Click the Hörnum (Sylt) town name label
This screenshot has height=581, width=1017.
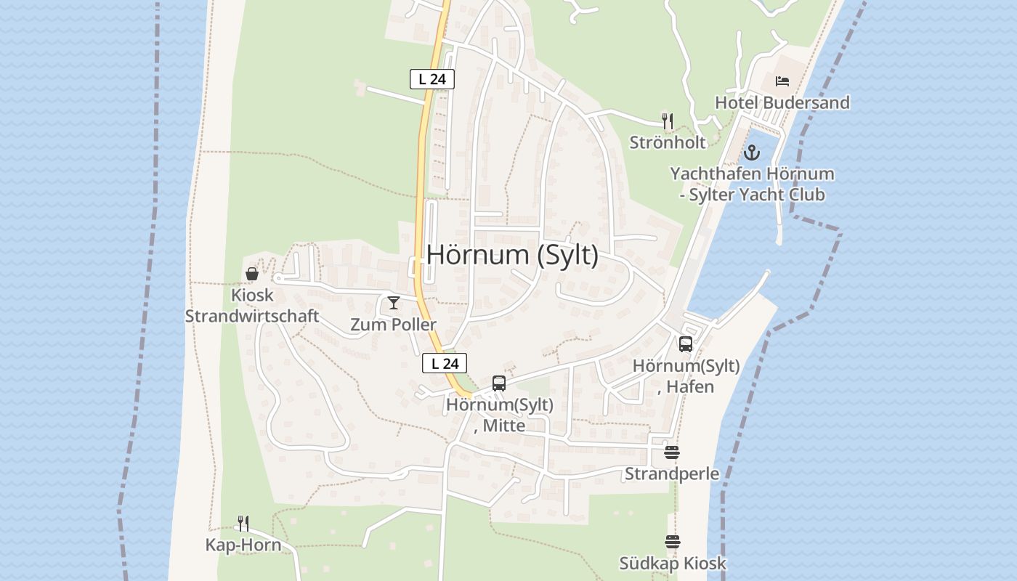[512, 255]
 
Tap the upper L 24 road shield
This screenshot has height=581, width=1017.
[432, 79]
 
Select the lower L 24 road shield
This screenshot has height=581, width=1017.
[445, 363]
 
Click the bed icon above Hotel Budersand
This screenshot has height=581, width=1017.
[782, 81]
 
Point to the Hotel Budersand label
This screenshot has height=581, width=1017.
[782, 102]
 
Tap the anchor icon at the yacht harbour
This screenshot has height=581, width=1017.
[752, 153]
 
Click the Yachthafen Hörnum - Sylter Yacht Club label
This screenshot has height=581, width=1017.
[752, 184]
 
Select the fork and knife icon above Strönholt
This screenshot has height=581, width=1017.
[668, 121]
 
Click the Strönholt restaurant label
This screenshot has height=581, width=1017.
[668, 142]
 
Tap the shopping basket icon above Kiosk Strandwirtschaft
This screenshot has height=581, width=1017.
[252, 274]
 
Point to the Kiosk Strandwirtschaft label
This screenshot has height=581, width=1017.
[252, 306]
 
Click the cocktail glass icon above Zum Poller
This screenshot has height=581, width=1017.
[394, 303]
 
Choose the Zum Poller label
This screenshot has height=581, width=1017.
[394, 325]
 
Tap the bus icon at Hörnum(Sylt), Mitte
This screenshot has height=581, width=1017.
[498, 383]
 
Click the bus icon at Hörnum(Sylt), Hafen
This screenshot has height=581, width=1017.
[686, 344]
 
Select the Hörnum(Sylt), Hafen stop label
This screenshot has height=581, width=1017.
[686, 376]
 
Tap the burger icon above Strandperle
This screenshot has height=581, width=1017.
[672, 452]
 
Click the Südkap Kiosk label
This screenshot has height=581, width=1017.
[672, 564]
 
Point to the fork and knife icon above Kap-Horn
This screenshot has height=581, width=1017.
[243, 523]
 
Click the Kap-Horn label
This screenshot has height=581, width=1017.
[243, 545]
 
